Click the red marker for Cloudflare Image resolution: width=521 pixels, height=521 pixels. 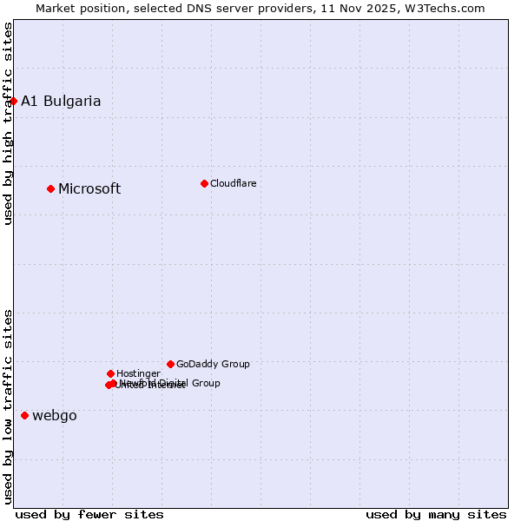204,183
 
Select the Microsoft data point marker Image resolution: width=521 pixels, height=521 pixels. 51,188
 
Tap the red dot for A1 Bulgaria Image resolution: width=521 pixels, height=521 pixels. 13,101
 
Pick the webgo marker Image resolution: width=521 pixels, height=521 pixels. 24,415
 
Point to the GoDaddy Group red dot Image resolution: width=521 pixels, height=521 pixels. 170,364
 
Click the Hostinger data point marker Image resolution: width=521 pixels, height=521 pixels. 110,373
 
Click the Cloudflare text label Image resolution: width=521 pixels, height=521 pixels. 233,183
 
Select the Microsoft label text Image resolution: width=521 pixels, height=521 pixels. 89,188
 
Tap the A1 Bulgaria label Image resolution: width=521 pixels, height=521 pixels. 61,101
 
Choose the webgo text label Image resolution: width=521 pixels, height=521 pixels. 55,415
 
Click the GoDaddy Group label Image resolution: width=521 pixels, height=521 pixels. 213,364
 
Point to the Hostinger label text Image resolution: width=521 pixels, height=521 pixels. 138,373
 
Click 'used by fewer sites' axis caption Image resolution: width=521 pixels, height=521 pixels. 89,514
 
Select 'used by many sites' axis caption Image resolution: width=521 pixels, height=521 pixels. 436,514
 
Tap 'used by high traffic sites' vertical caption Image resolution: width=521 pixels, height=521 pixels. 8,123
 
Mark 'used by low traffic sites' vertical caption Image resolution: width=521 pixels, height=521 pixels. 8,406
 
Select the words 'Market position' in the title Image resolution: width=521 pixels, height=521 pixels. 77,8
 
